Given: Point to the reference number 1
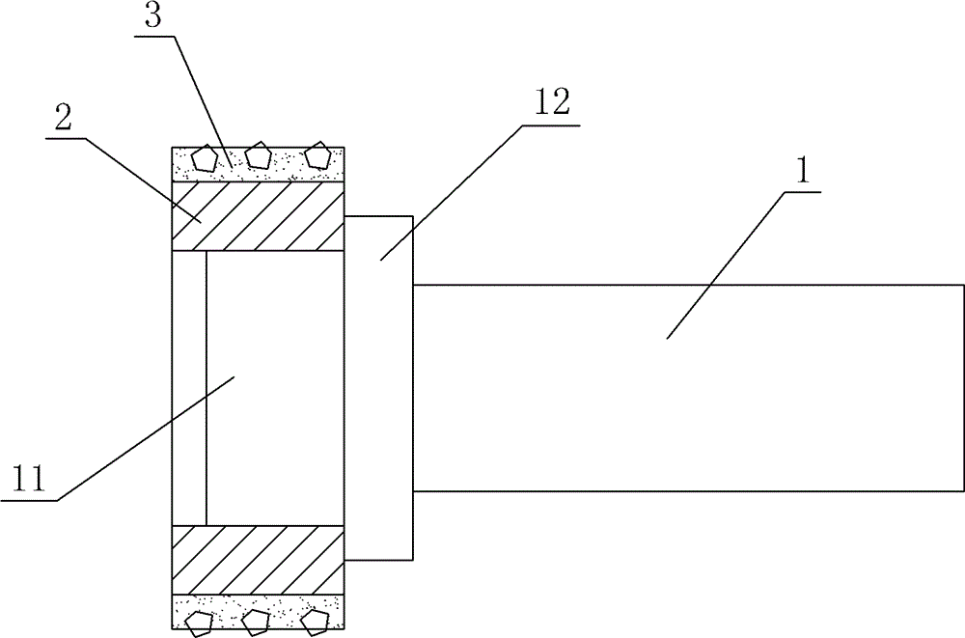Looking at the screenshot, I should point(800,175).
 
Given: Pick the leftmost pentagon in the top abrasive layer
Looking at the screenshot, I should point(205,157).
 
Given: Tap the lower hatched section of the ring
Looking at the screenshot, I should point(258,560).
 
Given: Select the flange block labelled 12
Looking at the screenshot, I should point(379,386).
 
